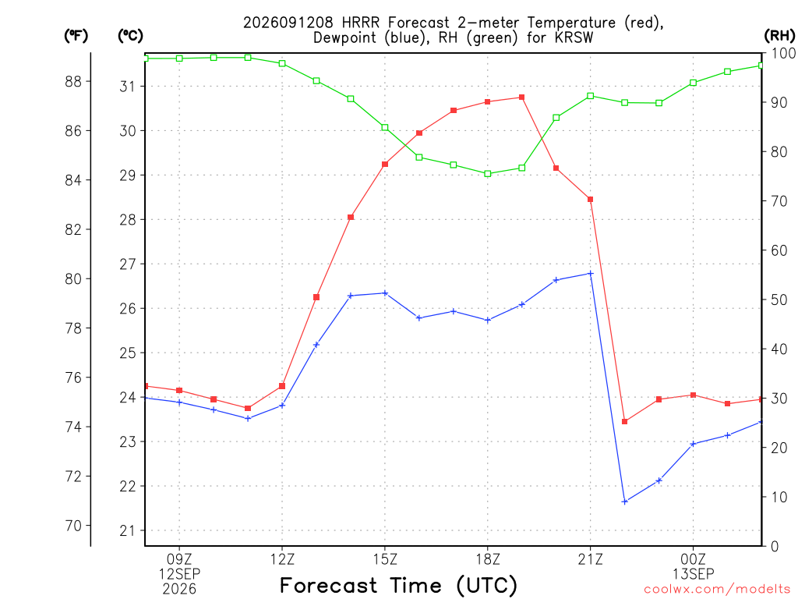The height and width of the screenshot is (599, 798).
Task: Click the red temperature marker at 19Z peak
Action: [521, 97]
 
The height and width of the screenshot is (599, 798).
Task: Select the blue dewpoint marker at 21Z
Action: [591, 274]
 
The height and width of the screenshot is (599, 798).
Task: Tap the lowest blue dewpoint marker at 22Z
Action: [625, 502]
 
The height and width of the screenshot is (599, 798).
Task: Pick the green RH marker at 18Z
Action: [488, 174]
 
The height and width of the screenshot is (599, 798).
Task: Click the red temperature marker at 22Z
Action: [625, 422]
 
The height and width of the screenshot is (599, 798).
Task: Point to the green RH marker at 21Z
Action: [591, 96]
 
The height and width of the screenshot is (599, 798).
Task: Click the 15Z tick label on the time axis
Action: [385, 559]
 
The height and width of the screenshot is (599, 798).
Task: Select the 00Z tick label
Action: [693, 559]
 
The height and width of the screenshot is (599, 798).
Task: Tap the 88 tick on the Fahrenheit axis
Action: [73, 81]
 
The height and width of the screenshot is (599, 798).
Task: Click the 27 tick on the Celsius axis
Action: [129, 264]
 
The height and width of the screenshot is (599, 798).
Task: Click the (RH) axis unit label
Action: [779, 35]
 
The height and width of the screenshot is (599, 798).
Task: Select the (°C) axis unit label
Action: [130, 35]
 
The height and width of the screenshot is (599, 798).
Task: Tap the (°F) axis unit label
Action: [76, 35]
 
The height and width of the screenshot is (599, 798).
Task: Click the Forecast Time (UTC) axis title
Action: [398, 586]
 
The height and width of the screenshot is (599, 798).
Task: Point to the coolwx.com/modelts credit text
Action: [717, 590]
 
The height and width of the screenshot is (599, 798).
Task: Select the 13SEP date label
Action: [693, 574]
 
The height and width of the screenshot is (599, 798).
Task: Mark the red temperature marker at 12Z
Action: [282, 386]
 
